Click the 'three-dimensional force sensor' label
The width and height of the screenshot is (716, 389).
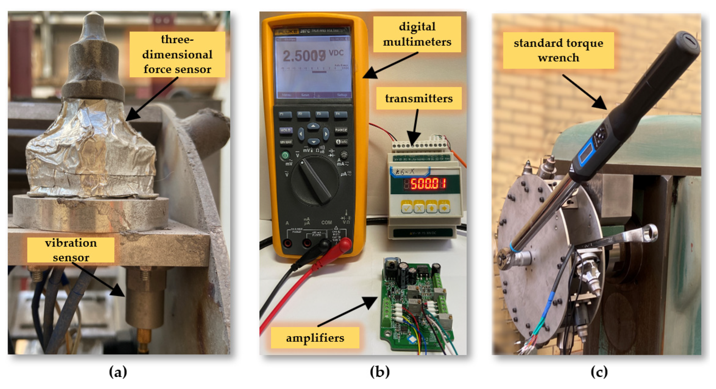pyautogui.click(x=177, y=54)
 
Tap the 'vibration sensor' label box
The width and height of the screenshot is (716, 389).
pyautogui.click(x=71, y=250)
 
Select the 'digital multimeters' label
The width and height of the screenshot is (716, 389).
pyautogui.click(x=417, y=34)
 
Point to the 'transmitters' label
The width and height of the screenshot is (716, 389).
pyautogui.click(x=419, y=98)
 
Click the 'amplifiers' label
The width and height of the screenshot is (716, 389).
pyautogui.click(x=315, y=338)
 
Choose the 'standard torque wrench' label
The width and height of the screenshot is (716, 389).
pyautogui.click(x=558, y=50)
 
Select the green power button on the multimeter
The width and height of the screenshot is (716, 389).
pyautogui.click(x=285, y=155)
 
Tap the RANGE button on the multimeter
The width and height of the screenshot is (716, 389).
pyautogui.click(x=341, y=130)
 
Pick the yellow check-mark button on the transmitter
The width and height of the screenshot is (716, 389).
pyautogui.click(x=407, y=207)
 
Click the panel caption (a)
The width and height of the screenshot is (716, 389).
pyautogui.click(x=118, y=372)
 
